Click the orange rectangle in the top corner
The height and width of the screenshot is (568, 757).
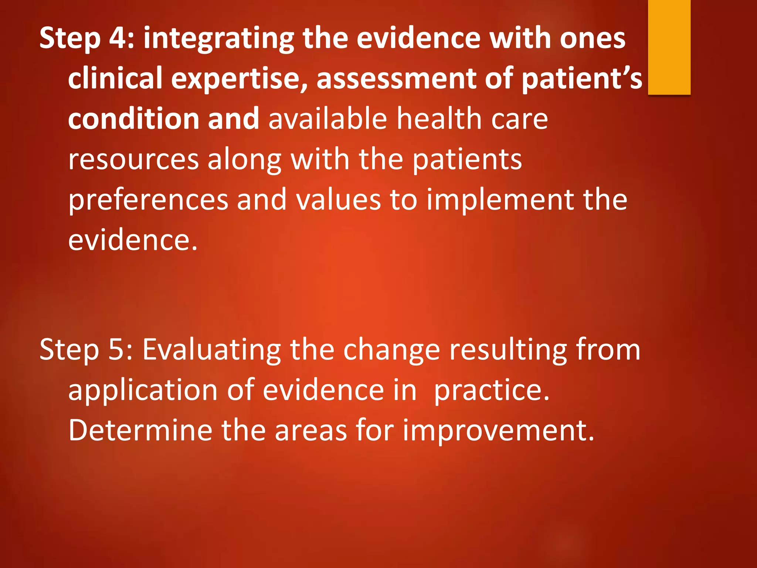(x=669, y=47)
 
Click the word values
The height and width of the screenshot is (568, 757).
(x=339, y=200)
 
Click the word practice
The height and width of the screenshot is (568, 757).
(x=492, y=390)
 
